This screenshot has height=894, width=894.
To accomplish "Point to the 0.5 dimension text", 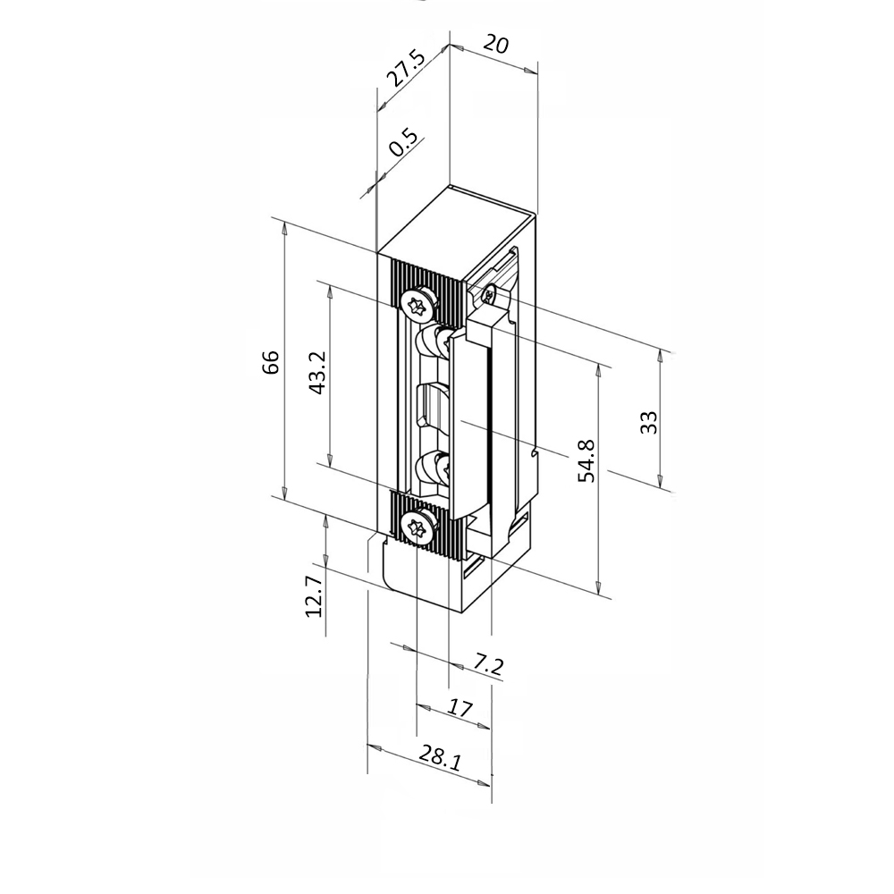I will [x=404, y=145].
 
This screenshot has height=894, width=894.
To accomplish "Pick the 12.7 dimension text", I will [x=313, y=596].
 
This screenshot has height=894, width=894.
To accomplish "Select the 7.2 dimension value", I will [x=488, y=665].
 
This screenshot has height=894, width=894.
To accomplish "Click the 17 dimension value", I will [x=460, y=709].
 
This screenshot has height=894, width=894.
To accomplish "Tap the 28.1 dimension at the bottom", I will [x=440, y=761].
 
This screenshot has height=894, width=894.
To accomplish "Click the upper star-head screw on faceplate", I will [x=417, y=304].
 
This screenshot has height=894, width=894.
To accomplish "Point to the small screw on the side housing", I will [x=488, y=291].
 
